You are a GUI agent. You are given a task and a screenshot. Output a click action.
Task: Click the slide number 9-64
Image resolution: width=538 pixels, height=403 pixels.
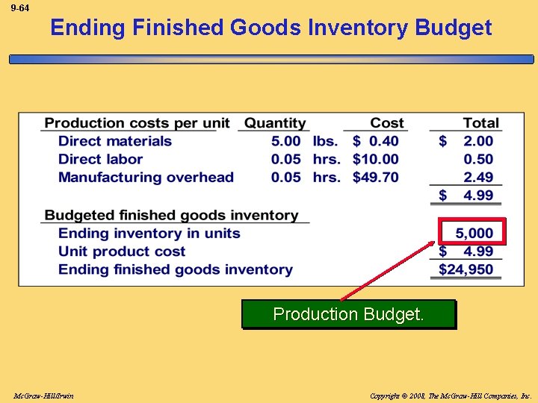(x=20, y=8)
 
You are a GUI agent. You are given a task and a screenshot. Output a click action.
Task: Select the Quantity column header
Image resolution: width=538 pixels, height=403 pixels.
(x=275, y=123)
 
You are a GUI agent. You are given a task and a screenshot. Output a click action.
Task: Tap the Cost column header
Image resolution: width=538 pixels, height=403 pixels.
(x=386, y=123)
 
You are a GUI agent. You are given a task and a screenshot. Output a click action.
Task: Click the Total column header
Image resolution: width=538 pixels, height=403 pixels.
(x=480, y=123)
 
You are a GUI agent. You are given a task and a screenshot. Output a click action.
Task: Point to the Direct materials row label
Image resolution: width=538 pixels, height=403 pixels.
(x=115, y=141)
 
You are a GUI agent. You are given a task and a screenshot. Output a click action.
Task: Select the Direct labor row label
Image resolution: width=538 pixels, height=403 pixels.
(x=100, y=159)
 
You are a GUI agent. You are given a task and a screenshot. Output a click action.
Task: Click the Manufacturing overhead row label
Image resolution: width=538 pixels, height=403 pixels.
(x=146, y=177)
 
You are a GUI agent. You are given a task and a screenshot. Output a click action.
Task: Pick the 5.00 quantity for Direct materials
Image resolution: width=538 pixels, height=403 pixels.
(x=286, y=141)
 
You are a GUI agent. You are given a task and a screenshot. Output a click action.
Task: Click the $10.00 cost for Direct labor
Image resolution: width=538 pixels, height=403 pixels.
(x=376, y=159)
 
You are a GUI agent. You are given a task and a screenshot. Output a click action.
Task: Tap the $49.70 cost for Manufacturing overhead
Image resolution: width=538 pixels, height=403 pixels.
(x=376, y=177)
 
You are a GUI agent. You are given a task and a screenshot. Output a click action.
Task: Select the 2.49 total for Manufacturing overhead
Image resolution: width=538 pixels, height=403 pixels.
(x=478, y=177)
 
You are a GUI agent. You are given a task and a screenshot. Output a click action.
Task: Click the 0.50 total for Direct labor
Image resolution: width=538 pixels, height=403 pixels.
(x=478, y=159)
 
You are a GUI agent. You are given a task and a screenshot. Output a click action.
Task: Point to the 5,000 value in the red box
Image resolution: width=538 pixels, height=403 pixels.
(x=474, y=233)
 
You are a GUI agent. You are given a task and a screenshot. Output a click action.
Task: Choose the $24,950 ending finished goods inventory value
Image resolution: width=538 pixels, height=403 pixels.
(x=466, y=269)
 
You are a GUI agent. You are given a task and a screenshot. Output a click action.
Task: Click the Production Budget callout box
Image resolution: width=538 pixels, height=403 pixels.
(x=348, y=314)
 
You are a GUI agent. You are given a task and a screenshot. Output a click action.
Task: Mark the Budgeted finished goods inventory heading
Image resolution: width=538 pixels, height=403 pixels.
(x=171, y=215)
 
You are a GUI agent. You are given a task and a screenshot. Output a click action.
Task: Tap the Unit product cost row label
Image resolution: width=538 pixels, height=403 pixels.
(x=122, y=252)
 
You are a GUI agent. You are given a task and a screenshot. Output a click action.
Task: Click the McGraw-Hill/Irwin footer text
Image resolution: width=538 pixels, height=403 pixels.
(x=43, y=395)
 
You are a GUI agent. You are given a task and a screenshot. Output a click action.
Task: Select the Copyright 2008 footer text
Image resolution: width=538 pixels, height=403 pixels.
(x=450, y=395)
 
